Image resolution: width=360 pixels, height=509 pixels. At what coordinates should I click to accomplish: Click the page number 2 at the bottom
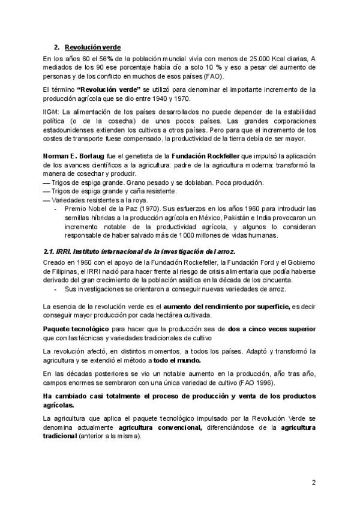coord(313,483)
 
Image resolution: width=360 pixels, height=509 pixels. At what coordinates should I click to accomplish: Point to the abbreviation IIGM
coord(53,112)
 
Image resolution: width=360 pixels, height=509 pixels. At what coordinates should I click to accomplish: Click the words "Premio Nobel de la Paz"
coord(97,208)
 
